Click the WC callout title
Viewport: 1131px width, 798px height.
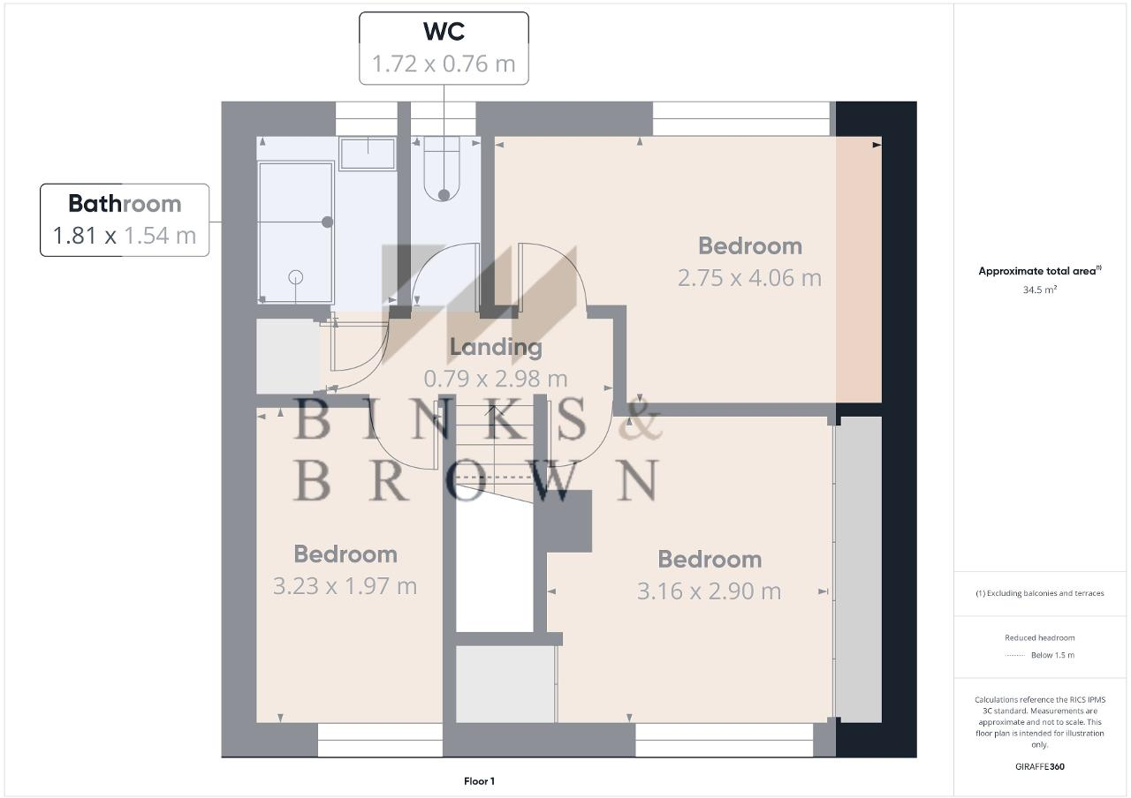(x=444, y=32)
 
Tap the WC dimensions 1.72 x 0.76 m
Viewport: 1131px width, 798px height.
(x=444, y=64)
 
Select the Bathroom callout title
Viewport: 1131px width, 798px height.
(x=125, y=204)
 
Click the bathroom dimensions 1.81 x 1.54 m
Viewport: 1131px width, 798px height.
(x=125, y=236)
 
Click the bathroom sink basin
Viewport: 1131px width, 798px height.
(x=368, y=154)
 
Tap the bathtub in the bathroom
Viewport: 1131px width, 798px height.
(x=296, y=231)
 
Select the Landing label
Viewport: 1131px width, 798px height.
(x=496, y=347)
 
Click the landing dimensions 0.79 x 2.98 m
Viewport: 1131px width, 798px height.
(x=496, y=379)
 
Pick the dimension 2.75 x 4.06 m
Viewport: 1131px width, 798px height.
(x=749, y=278)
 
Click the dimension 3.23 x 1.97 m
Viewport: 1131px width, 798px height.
(x=345, y=586)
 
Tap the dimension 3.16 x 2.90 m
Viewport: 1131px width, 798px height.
(x=710, y=591)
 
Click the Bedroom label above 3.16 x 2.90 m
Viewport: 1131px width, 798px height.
(x=710, y=560)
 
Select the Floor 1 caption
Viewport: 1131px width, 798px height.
(x=480, y=781)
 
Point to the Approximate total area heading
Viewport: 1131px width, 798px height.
(x=1039, y=271)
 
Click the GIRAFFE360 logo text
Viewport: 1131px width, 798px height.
(x=1040, y=766)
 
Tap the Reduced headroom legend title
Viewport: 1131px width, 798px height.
(x=1039, y=637)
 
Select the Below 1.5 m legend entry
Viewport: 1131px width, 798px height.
(x=1051, y=655)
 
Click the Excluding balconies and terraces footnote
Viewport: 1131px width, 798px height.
(x=1040, y=593)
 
